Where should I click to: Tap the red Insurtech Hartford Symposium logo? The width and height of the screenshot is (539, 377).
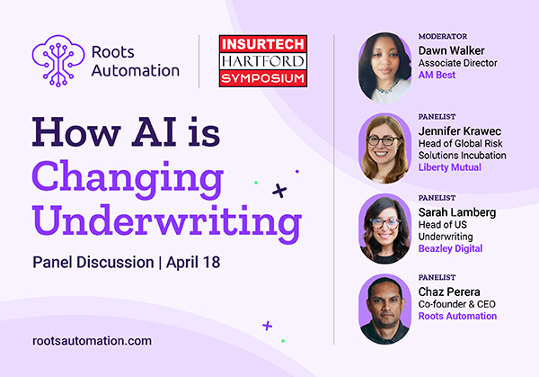coord(263,60)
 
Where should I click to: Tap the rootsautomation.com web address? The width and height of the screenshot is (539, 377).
coord(91,341)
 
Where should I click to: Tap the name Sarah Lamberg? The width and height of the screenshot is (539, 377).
coord(458,211)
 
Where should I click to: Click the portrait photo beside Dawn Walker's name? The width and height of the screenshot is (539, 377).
coord(384,67)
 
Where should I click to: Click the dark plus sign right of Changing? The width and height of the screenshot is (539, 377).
coord(279,190)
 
